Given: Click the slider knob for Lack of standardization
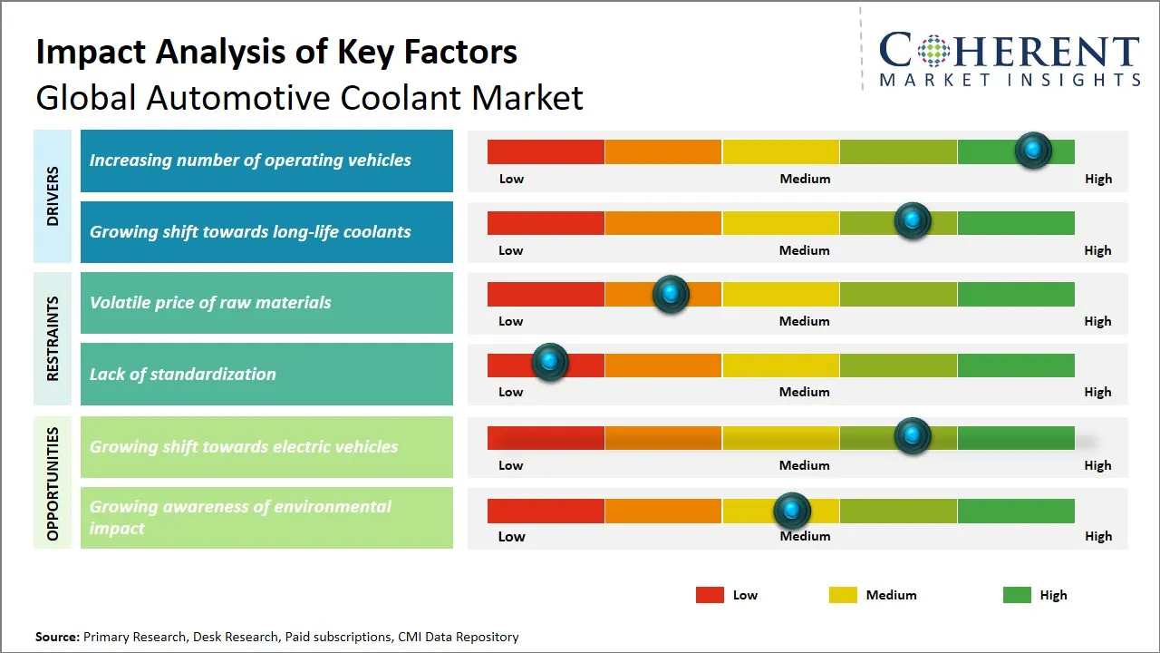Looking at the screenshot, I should coord(549,362).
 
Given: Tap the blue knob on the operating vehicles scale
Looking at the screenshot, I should coord(1032,150).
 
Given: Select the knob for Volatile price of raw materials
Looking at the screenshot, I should coord(671,294).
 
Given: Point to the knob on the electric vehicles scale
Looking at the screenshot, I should coord(912,435).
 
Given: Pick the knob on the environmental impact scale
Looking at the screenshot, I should coord(792,511).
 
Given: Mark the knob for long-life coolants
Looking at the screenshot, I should coord(912,220).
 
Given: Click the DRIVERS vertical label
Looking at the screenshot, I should coord(53,195).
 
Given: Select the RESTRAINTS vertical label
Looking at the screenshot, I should coord(53,337).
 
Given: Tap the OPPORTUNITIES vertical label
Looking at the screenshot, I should coord(53,483).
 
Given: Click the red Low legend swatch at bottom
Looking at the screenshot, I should coord(710,595).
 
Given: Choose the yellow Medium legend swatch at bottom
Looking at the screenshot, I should coord(843,595).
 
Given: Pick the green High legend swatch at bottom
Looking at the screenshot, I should coord(1017,595).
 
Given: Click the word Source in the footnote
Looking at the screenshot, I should coord(57,637).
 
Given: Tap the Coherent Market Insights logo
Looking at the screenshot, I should coord(1009,59).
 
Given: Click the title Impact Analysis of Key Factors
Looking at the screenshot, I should coord(276,52).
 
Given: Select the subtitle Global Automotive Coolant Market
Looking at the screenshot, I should coord(309,97).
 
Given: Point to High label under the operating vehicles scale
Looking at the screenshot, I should coord(1098,179).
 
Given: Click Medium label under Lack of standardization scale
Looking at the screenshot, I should coord(805,392).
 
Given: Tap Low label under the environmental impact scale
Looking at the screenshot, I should coord(511,536).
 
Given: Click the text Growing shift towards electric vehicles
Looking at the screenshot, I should coord(244,446).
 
